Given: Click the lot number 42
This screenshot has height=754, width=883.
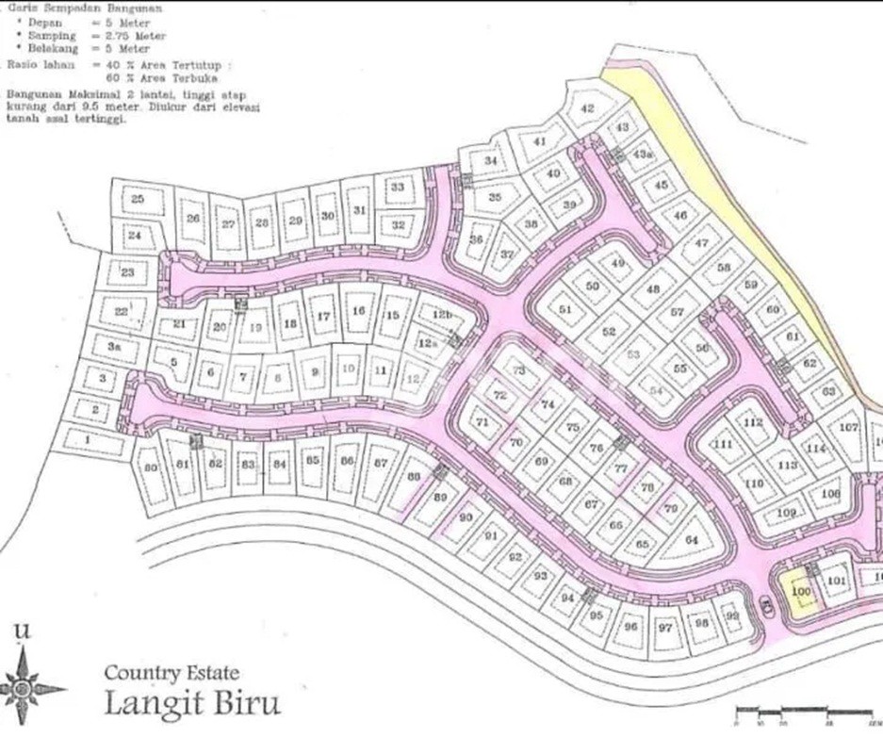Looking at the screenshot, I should pyautogui.click(x=587, y=108).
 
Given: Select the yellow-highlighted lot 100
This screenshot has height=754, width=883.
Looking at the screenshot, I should pyautogui.click(x=801, y=593).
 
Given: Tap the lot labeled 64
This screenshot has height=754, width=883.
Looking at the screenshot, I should pyautogui.click(x=692, y=540).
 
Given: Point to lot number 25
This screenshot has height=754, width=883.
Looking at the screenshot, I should pyautogui.click(x=138, y=200).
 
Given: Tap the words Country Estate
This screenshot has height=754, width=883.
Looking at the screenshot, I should pyautogui.click(x=172, y=673).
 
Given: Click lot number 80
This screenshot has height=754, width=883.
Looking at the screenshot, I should pyautogui.click(x=150, y=467).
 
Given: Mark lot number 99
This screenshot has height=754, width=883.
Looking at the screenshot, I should pyautogui.click(x=731, y=617).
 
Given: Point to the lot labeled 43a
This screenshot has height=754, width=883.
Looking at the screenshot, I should pyautogui.click(x=644, y=155).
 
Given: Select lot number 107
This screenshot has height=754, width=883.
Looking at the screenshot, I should pyautogui.click(x=848, y=428).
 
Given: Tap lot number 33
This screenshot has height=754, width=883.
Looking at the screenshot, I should pyautogui.click(x=398, y=188).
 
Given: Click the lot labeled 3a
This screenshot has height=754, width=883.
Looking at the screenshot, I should pyautogui.click(x=115, y=348).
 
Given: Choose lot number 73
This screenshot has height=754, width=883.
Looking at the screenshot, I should pyautogui.click(x=518, y=371).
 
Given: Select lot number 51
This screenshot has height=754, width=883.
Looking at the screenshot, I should pyautogui.click(x=565, y=309).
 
